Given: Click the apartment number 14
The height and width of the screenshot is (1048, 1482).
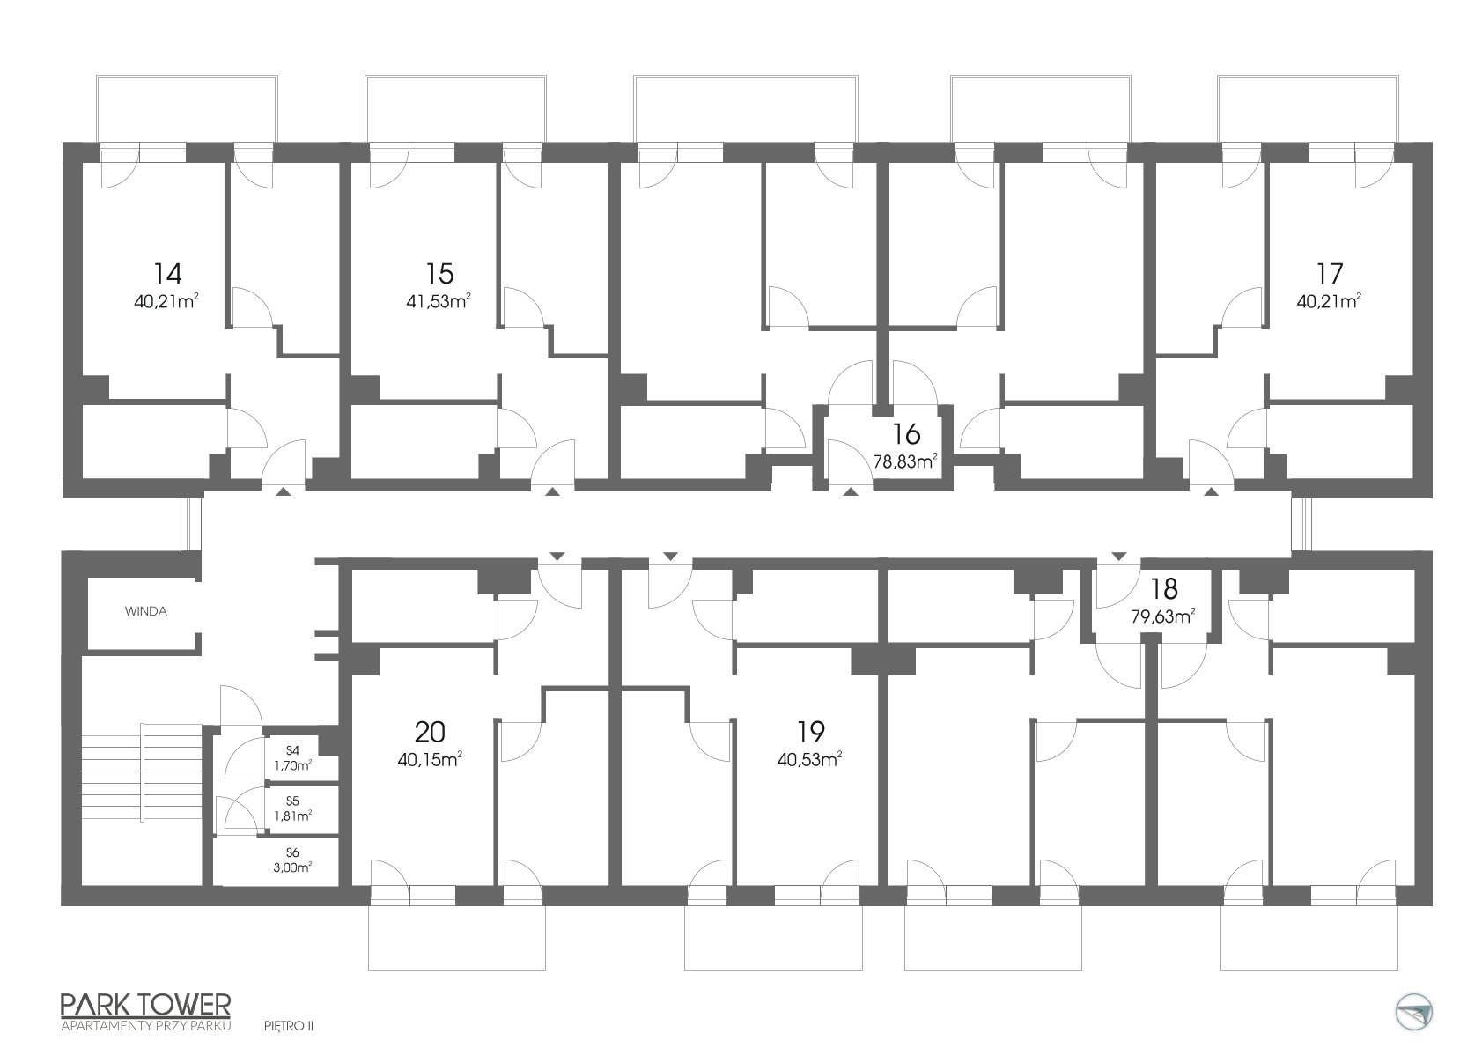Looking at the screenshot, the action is click(x=167, y=273).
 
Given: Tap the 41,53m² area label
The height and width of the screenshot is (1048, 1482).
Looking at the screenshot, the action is click(x=439, y=302).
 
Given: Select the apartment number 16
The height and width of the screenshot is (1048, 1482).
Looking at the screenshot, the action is click(x=906, y=434).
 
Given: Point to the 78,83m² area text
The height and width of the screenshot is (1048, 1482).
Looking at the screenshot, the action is click(x=906, y=461).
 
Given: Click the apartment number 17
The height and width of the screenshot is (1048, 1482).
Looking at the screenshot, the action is click(x=1330, y=273).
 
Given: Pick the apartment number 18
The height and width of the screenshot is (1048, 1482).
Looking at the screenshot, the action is click(x=1164, y=588).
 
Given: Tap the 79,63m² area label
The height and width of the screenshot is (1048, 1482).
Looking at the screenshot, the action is click(x=1163, y=616).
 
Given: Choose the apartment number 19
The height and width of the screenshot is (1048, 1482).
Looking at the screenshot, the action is click(x=811, y=732).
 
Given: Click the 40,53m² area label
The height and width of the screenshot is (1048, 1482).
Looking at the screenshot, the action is click(x=810, y=759).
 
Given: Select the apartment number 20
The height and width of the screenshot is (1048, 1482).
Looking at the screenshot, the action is click(x=430, y=732).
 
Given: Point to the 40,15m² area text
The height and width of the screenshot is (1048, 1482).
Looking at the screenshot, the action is click(x=430, y=759).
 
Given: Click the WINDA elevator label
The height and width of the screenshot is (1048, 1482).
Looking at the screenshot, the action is click(x=146, y=611).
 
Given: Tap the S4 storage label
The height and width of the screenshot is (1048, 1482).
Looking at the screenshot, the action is click(x=292, y=750).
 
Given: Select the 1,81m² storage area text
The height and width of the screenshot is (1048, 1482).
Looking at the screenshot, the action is click(x=293, y=816).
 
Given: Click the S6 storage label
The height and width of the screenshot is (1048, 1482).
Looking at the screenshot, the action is click(x=292, y=852).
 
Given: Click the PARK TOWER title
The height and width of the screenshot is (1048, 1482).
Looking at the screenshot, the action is click(x=146, y=1005).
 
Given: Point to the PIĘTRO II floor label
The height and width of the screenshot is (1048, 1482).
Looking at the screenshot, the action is click(x=289, y=1026).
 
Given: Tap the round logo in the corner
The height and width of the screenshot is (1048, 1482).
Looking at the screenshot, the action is click(x=1414, y=1013).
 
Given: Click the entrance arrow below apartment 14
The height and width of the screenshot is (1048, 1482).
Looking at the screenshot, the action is click(x=283, y=491).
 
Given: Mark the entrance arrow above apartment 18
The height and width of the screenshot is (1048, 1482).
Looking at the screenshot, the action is click(x=1119, y=557).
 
